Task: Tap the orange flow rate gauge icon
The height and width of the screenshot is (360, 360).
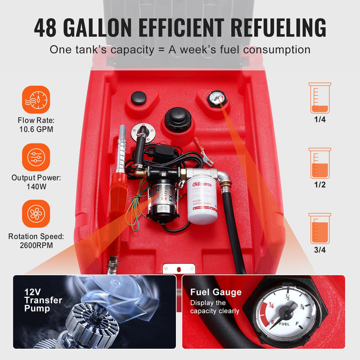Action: pyautogui.click(x=36, y=99)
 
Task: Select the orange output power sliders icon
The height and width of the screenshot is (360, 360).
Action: pyautogui.click(x=36, y=157)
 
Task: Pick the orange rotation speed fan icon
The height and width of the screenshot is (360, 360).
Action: pyautogui.click(x=36, y=213)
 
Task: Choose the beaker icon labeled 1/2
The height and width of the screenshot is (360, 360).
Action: pyautogui.click(x=319, y=163)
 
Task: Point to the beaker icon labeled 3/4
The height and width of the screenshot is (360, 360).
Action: pyautogui.click(x=319, y=228)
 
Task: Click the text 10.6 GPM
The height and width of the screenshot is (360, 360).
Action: pyautogui.click(x=36, y=130)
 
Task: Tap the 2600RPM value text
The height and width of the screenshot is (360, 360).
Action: pyautogui.click(x=36, y=245)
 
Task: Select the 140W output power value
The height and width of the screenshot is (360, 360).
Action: pyautogui.click(x=36, y=187)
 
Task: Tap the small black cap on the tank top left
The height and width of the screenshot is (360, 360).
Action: pyautogui.click(x=138, y=98)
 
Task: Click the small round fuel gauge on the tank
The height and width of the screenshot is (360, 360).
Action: pyautogui.click(x=217, y=98)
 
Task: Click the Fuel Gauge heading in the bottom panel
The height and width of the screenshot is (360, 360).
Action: pyautogui.click(x=215, y=292)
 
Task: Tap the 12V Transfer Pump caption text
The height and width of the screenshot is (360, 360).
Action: pyautogui.click(x=43, y=300)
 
